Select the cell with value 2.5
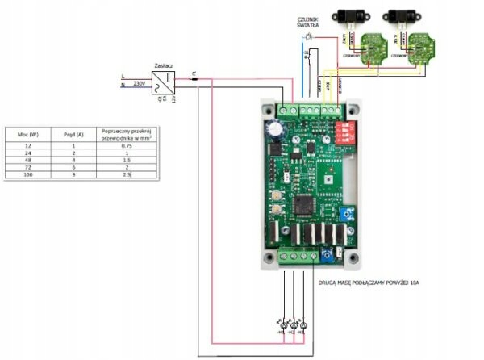point(126,174)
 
